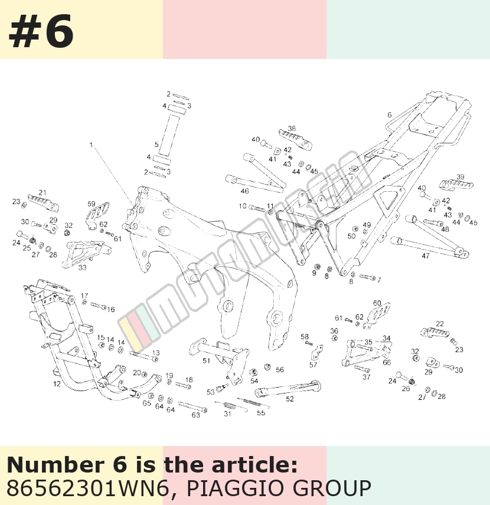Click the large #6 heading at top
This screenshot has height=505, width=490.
(x=41, y=32)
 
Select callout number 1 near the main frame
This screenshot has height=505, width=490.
(x=91, y=145)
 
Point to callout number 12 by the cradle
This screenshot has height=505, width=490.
(x=57, y=383)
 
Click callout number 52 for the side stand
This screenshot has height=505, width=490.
(x=290, y=399)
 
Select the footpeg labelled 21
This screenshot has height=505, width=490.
(x=43, y=202)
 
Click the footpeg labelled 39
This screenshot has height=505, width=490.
(x=456, y=185)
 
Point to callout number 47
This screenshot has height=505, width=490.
(x=426, y=255)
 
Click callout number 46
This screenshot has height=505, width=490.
(x=244, y=191)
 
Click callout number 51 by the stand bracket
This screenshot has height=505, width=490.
(x=206, y=360)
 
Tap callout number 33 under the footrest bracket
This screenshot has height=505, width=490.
(x=82, y=267)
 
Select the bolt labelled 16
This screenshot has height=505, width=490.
(x=98, y=306)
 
